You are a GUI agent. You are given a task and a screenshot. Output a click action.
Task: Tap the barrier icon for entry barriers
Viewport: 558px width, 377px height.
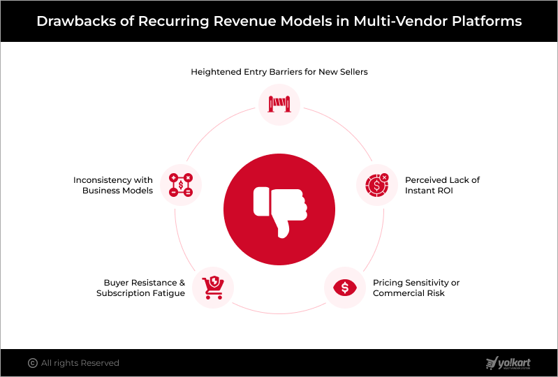click(x=279, y=105)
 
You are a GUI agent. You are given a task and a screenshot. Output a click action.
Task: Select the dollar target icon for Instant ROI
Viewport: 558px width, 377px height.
click(x=376, y=185)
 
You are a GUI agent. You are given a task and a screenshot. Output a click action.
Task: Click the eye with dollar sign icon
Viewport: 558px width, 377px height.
click(x=345, y=287)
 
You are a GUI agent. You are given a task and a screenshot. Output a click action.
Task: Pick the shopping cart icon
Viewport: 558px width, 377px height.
click(x=212, y=287)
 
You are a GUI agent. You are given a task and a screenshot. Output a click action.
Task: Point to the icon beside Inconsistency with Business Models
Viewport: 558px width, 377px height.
click(x=181, y=185)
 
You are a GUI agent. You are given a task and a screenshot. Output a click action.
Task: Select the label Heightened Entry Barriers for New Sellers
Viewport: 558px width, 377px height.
click(x=279, y=71)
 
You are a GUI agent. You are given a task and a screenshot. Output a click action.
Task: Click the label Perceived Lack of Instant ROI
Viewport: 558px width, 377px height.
click(x=442, y=185)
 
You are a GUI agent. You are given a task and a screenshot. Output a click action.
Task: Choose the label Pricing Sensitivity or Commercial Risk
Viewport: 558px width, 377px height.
click(x=416, y=288)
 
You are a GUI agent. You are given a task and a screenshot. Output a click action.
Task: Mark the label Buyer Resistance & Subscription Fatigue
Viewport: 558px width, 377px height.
click(x=140, y=288)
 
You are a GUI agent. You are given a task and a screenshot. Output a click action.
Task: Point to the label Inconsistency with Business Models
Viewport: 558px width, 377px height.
click(x=113, y=185)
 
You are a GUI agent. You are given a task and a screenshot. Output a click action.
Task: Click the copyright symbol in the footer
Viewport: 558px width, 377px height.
click(x=32, y=363)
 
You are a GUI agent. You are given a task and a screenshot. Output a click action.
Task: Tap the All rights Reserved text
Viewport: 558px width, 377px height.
click(x=80, y=363)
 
